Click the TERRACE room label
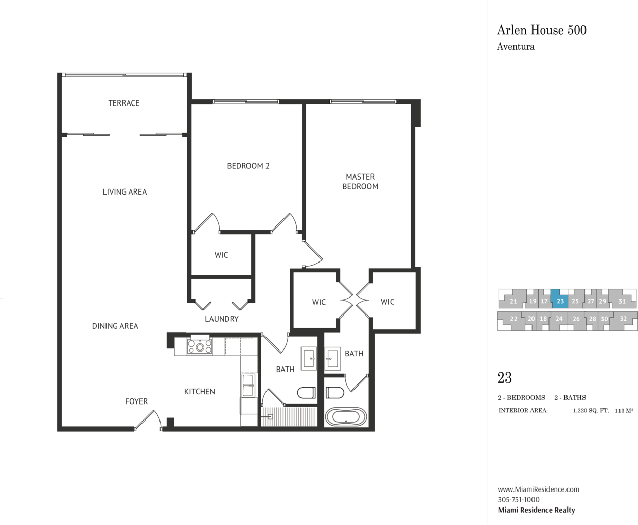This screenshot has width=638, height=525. click(x=123, y=103)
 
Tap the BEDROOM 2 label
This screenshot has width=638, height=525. click(x=248, y=166)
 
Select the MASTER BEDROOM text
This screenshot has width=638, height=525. click(x=360, y=182)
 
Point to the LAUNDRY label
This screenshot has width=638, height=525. click(x=221, y=319)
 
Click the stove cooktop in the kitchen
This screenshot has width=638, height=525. click(x=200, y=347)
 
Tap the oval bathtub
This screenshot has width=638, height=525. click(x=346, y=417)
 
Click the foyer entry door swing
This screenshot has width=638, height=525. click(x=148, y=420)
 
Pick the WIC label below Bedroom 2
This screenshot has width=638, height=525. click(x=221, y=255)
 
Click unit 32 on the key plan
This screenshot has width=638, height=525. click(x=623, y=319)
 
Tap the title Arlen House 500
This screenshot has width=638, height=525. click(x=541, y=30)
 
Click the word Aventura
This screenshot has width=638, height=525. click(x=516, y=47)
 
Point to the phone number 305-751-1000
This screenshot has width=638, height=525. click(x=519, y=500)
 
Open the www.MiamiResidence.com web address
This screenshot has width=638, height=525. click(x=539, y=489)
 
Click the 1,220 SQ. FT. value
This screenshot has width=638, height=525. click(x=591, y=411)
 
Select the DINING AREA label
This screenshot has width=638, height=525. click(x=115, y=326)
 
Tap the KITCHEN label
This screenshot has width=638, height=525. click(x=199, y=392)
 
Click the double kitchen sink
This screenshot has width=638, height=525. click(x=248, y=384)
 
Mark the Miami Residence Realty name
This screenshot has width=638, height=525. click(x=536, y=510)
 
